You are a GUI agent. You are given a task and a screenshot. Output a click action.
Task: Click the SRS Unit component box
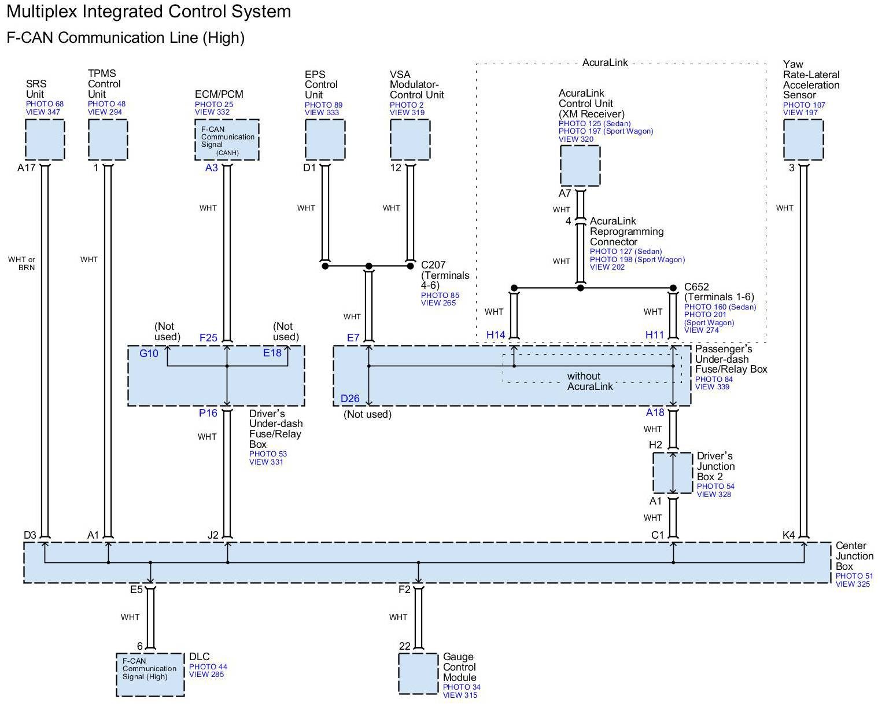coord(45,139)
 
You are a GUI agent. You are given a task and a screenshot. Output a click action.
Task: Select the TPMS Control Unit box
coord(108,139)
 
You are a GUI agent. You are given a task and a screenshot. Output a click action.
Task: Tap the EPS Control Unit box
coord(325,139)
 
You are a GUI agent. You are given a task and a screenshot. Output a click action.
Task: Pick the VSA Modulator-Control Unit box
coord(410,139)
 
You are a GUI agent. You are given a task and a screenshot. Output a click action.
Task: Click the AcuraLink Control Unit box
coord(580,165)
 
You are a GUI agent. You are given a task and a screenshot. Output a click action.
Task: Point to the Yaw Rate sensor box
coord(803,139)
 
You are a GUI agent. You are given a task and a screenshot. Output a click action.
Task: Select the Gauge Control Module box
coord(418,673)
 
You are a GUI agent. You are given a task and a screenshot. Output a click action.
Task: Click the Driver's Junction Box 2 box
coord(673,473)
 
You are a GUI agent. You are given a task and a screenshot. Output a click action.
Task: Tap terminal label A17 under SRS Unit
coord(26,168)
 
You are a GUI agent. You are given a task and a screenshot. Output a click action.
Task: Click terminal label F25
coord(208,337)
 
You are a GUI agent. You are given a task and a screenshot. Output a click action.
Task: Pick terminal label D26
coord(350,399)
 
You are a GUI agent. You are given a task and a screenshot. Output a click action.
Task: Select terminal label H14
coord(496,335)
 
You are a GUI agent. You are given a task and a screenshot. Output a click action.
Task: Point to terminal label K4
coord(788,535)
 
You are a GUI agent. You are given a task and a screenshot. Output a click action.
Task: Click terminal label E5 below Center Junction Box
coord(137,590)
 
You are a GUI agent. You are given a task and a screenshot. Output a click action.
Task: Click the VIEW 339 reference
coord(712,386)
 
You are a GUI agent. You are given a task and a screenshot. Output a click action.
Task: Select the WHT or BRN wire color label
coord(21,263)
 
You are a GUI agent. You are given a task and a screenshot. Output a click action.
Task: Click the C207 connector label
coord(433,264)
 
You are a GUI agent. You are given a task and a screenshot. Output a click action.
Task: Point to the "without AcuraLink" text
coord(590,381)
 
